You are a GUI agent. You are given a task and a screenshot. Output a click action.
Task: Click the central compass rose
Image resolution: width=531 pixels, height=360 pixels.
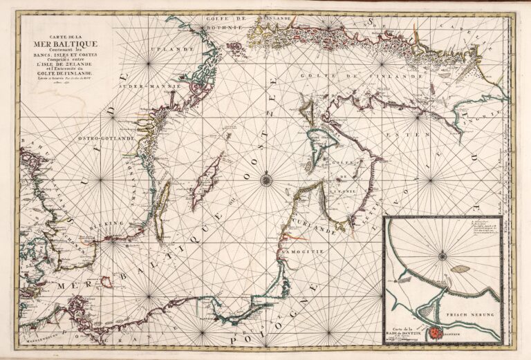coord(266,180)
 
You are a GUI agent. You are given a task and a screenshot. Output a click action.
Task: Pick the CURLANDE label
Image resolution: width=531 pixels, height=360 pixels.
coord(317,227)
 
